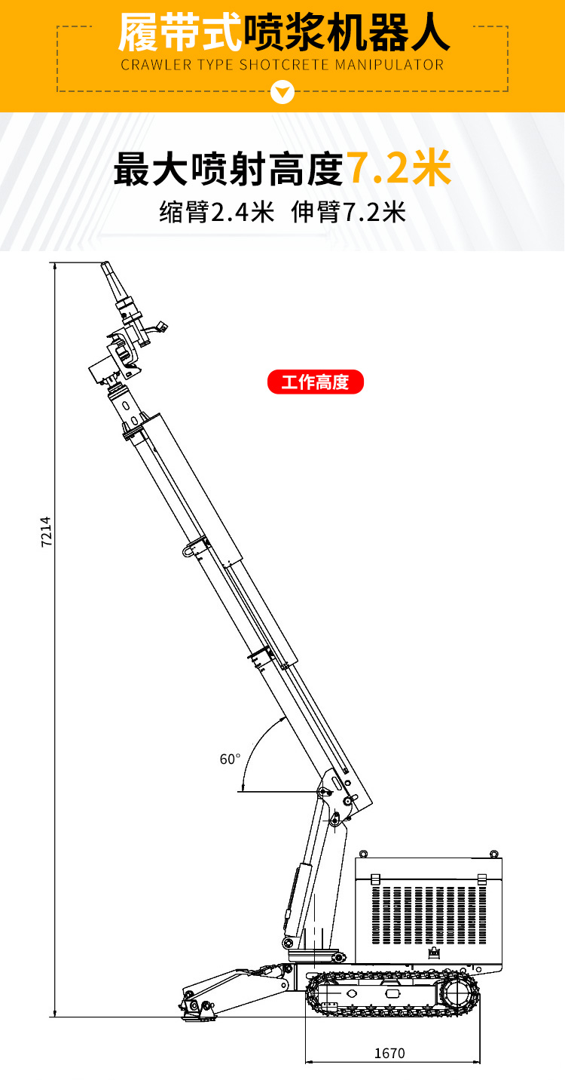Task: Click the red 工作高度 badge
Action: tap(316, 382)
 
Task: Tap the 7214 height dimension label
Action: tap(46, 531)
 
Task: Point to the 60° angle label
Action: tap(230, 759)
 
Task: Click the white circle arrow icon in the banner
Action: tap(282, 91)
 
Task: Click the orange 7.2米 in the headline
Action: tap(399, 168)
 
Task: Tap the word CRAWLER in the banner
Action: tap(156, 65)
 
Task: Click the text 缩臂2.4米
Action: tap(217, 212)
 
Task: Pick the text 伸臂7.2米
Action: tap(349, 212)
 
